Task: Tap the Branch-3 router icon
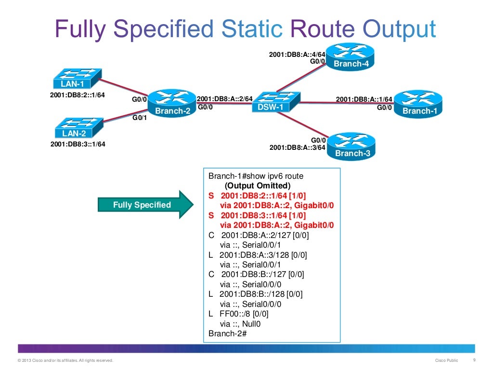[351, 146]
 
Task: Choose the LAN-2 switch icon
[77, 128]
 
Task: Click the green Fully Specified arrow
[145, 205]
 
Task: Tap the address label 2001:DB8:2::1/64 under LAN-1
[78, 95]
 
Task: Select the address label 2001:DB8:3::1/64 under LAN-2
[78, 144]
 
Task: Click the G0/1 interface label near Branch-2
[139, 117]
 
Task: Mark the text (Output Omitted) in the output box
[258, 185]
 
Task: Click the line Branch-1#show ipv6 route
[256, 176]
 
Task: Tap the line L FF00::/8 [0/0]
[238, 314]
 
